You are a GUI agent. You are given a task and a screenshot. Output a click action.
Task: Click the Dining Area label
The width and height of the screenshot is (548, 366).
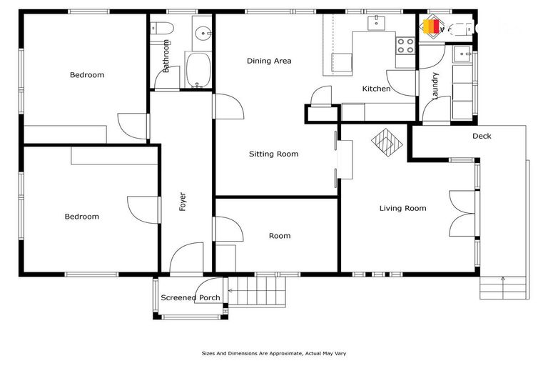pyautogui.click(x=269, y=61)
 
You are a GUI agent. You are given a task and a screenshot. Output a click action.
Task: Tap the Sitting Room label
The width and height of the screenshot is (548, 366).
pyautogui.click(x=273, y=154)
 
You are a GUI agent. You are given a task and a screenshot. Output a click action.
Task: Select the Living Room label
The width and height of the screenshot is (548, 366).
pyautogui.click(x=402, y=209)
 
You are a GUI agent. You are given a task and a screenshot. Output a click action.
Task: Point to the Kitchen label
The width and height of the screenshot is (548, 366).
pyautogui.click(x=376, y=89)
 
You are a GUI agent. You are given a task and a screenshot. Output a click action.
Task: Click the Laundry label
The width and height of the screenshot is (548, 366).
pyautogui.click(x=435, y=85)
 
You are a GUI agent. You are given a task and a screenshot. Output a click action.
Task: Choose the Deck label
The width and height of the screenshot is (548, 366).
pyautogui.click(x=482, y=136)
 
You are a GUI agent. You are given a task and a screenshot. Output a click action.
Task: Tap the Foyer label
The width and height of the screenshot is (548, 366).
pyautogui.click(x=183, y=202)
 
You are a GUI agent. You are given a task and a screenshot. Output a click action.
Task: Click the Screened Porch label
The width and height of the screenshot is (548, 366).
pyautogui.click(x=191, y=298)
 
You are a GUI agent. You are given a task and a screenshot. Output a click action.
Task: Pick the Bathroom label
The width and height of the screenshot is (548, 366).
pyautogui.click(x=166, y=56)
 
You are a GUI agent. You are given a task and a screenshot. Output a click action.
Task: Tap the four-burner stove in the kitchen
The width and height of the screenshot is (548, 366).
pyautogui.click(x=405, y=46)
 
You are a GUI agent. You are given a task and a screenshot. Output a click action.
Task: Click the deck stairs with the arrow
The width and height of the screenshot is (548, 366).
pyautogui.click(x=503, y=288)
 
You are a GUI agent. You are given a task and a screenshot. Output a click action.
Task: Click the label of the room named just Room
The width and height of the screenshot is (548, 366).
pyautogui.click(x=279, y=236)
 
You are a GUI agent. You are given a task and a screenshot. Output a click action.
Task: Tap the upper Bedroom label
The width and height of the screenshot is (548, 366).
pyautogui.click(x=87, y=75)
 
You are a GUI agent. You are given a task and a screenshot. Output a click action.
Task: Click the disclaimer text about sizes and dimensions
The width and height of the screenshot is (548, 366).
pyautogui.click(x=274, y=353)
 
